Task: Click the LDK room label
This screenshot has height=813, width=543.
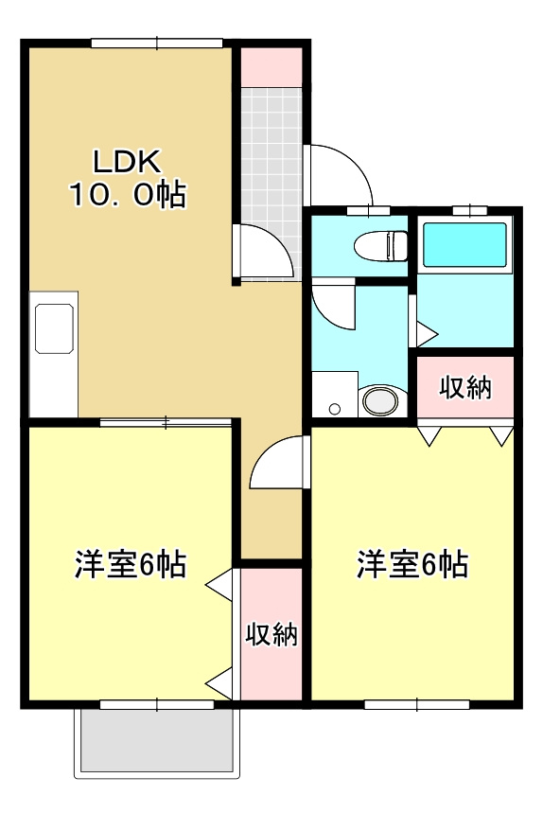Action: (x=128, y=158)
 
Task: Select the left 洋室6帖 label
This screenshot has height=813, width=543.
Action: (x=130, y=565)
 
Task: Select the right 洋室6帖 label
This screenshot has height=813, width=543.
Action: (x=412, y=565)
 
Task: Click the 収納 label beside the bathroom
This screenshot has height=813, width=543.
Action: (x=465, y=386)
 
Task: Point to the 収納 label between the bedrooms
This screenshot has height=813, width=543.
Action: (x=271, y=634)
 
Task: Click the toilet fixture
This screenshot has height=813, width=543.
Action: (x=380, y=246)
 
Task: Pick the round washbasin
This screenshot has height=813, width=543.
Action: (x=380, y=400)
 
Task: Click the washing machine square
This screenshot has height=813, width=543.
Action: (x=334, y=395)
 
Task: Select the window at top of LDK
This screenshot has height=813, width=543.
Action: (x=156, y=42)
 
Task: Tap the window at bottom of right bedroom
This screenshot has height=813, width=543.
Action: (x=416, y=704)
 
